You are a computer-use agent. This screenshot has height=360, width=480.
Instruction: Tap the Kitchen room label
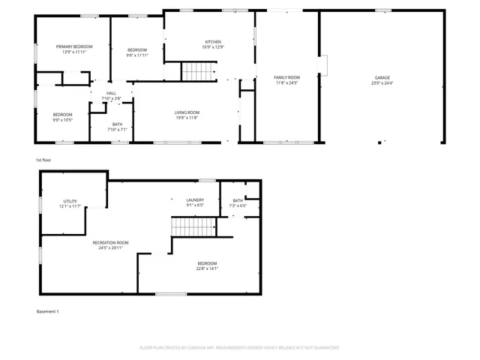213,42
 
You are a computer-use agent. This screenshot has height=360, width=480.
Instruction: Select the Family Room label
286,77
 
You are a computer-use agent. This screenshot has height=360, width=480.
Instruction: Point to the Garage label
382,77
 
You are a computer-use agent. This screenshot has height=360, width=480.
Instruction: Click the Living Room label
187,112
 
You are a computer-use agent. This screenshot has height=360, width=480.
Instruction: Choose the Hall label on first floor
111,93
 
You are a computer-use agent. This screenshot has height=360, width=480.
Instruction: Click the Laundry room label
195,199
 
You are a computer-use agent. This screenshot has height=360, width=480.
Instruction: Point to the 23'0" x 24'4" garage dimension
382,82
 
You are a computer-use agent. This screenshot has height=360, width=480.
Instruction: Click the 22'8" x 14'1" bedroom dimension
207,268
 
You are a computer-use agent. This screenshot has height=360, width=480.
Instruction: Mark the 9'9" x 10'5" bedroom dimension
62,120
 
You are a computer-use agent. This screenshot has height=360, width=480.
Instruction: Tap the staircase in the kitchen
198,72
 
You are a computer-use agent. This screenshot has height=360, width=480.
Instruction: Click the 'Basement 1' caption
47,311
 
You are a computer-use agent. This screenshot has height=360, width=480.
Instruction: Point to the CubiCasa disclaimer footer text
239,347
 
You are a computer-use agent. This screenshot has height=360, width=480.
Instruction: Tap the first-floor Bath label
117,124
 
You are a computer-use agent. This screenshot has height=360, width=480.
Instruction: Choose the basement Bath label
237,200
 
